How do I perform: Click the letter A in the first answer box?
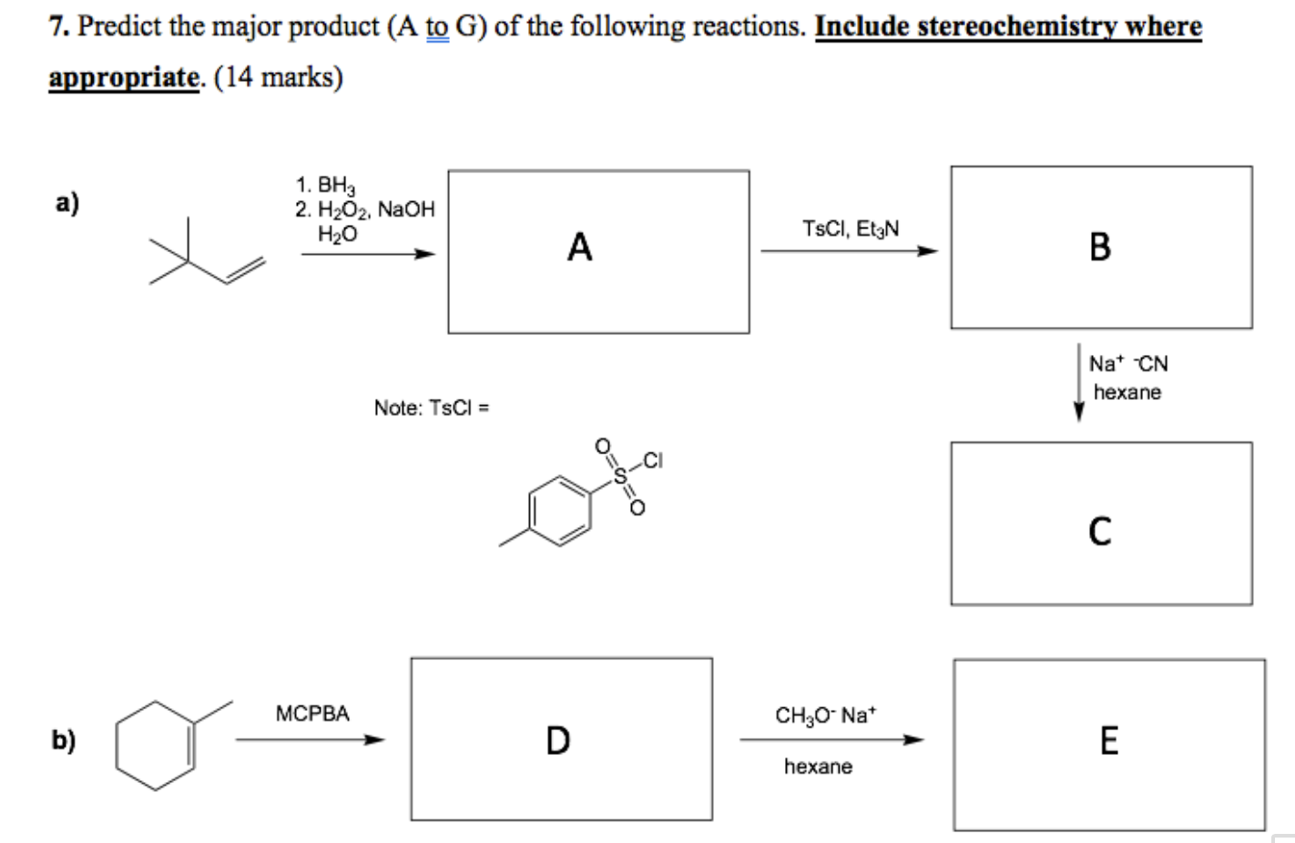click(579, 247)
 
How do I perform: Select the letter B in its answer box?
click(1099, 247)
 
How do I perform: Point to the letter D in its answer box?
click(557, 740)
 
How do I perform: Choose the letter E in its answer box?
click(1108, 740)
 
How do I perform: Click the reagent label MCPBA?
click(312, 714)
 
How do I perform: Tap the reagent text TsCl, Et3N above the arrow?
click(851, 229)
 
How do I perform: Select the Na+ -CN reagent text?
click(1128, 364)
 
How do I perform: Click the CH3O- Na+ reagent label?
click(825, 716)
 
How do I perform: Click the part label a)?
click(66, 202)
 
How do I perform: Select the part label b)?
click(63, 740)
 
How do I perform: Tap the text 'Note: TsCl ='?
click(432, 408)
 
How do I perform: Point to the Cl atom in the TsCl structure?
click(652, 460)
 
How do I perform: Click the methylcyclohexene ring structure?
click(155, 745)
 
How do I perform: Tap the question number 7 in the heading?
click(57, 26)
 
